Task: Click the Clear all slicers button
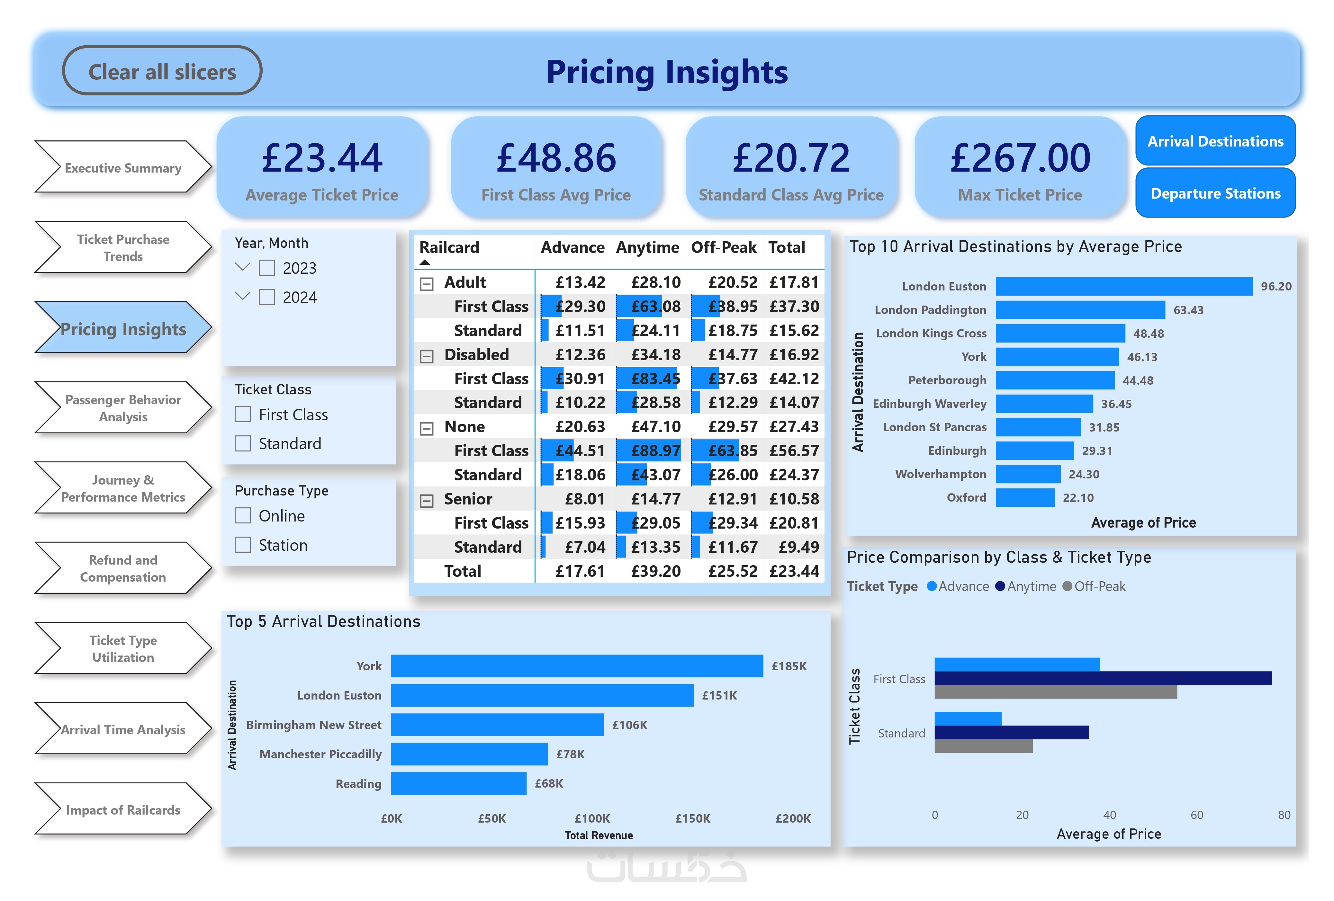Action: point(162,71)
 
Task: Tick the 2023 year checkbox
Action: point(266,268)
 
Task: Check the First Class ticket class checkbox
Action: point(243,414)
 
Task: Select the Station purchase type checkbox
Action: point(243,545)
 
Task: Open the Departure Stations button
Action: point(1215,193)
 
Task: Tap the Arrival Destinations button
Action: point(1215,141)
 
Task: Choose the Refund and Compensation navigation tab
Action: point(123,568)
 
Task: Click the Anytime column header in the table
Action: point(647,247)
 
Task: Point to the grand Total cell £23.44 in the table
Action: point(794,571)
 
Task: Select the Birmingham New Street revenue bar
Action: point(497,725)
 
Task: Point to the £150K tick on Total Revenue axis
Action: point(692,818)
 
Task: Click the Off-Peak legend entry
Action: point(1094,586)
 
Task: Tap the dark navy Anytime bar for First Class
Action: point(1103,678)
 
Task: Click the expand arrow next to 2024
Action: point(243,296)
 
